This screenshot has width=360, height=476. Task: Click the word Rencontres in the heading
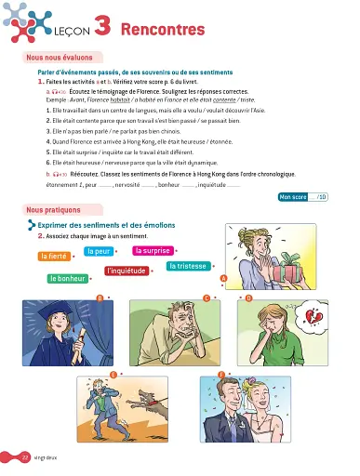(x=163, y=30)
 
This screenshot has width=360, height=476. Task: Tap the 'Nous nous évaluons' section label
(x=61, y=59)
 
